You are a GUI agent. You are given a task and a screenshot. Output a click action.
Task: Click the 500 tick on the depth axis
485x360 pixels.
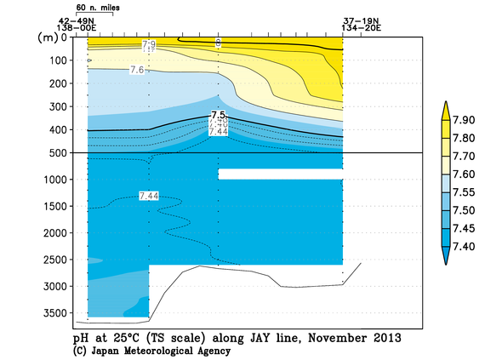pos(60,152)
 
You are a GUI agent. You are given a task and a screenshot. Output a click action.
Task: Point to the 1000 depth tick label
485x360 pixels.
pos(58,179)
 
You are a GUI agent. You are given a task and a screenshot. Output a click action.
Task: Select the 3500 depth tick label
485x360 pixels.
pos(58,313)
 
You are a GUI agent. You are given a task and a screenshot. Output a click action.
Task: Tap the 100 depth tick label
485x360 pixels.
pos(60,60)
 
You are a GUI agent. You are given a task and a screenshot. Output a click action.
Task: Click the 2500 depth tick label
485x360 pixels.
pos(58,260)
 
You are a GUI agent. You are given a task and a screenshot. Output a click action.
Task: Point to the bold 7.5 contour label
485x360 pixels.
pos(218,115)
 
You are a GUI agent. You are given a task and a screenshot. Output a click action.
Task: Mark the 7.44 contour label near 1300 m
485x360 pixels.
pos(148,196)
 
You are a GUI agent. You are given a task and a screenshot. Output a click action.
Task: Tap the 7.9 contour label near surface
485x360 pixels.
pos(149,43)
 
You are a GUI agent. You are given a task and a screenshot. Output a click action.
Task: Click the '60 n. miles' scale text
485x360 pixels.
pos(94,7)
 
